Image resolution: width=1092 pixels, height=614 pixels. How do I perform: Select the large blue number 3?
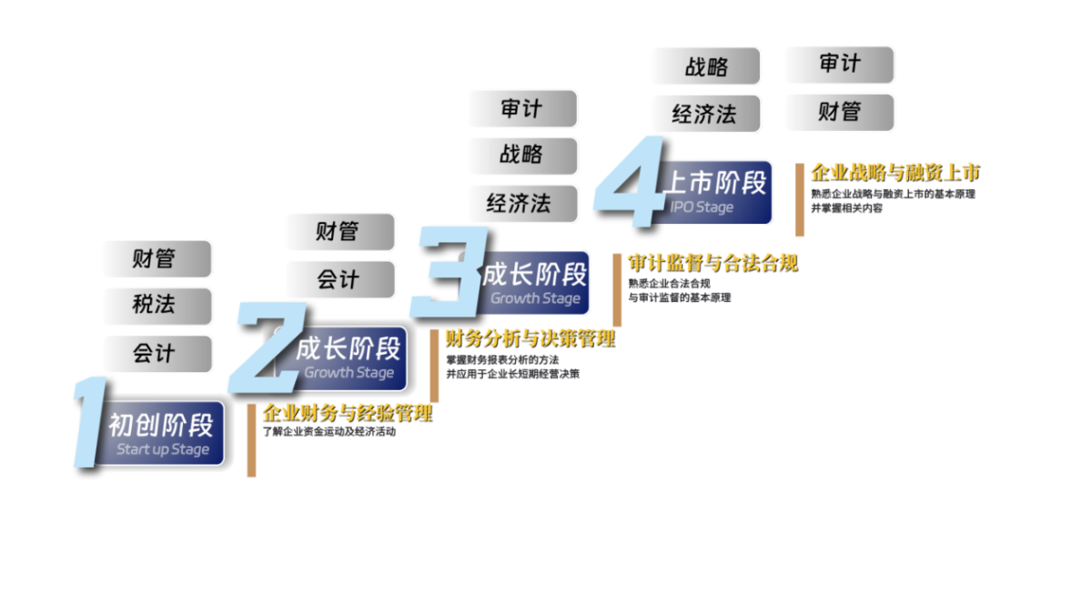click(446, 273)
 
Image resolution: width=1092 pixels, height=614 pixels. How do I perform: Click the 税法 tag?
click(156, 306)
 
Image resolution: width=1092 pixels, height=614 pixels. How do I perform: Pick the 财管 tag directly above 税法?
click(156, 259)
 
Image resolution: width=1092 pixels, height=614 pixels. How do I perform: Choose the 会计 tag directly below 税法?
click(156, 353)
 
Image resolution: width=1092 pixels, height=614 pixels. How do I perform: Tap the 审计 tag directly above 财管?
click(838, 65)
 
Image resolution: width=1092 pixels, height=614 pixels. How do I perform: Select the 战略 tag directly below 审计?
click(521, 156)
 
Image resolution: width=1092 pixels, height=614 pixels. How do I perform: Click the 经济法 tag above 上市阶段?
click(704, 114)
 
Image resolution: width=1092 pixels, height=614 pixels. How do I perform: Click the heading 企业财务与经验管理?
click(347, 413)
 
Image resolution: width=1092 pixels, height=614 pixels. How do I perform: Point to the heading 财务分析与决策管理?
click(529, 339)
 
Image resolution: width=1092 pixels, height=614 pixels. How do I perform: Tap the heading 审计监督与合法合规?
click(713, 263)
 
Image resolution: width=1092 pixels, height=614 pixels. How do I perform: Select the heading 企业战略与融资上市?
click(895, 172)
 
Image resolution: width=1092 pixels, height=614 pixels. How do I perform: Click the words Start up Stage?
click(163, 450)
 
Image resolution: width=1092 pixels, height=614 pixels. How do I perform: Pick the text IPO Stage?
click(702, 207)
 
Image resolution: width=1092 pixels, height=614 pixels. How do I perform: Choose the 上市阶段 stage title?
click(713, 183)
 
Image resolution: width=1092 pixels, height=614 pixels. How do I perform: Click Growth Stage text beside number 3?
click(535, 298)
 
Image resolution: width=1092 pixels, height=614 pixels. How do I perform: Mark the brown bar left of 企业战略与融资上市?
click(799, 200)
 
